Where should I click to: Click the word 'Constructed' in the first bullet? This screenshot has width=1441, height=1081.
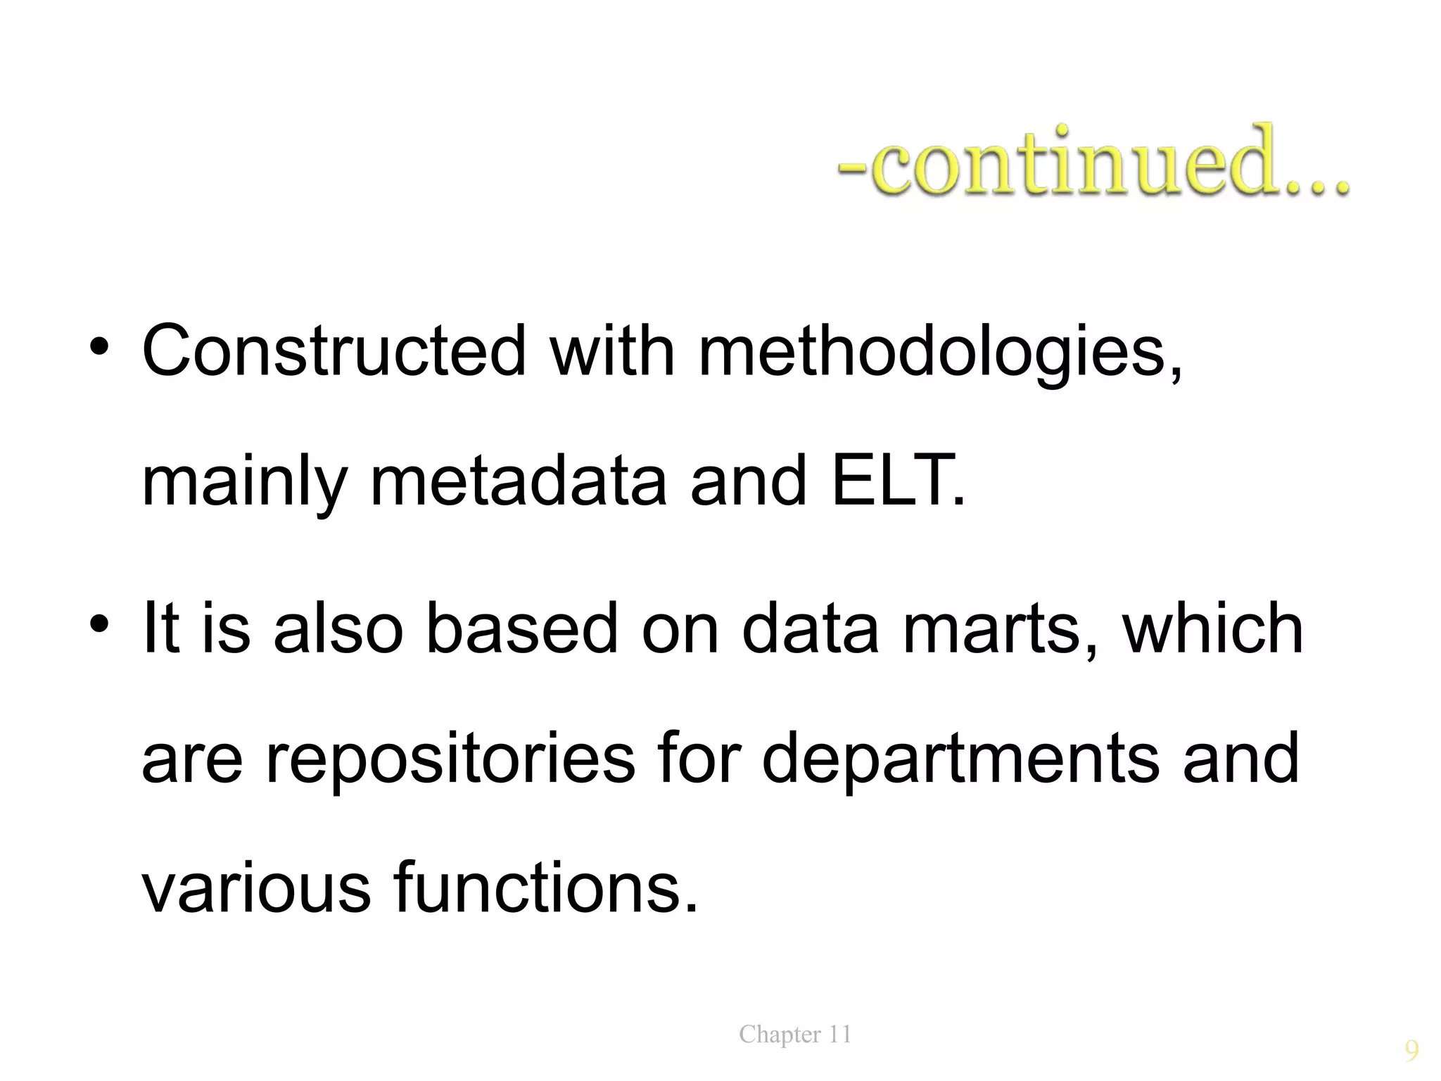tap(334, 350)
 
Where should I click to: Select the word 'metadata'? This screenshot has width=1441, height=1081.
tap(518, 481)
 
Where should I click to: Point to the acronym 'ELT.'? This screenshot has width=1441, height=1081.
tap(899, 481)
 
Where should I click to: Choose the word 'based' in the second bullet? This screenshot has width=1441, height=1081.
tap(521, 628)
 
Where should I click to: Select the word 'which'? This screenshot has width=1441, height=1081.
tap(1213, 628)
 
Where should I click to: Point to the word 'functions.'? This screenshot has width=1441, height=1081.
tap(546, 888)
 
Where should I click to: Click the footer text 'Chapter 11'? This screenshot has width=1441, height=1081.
tap(795, 1035)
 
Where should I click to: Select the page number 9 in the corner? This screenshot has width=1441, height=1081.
tap(1411, 1051)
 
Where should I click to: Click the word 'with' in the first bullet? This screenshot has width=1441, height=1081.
tap(612, 350)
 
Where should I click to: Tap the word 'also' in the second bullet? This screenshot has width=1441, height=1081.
tap(338, 628)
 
